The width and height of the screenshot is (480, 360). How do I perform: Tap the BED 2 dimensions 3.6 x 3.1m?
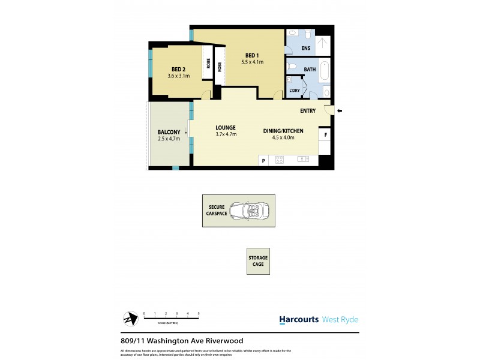178,76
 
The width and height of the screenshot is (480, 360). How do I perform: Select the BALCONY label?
169,132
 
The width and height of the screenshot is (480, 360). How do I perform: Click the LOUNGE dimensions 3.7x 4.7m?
226,134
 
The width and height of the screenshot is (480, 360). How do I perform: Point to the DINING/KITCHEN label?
283,131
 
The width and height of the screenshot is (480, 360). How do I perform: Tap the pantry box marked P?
263,160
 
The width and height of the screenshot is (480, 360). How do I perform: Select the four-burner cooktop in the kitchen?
279,160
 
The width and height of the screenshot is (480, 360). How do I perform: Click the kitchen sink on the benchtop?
303,160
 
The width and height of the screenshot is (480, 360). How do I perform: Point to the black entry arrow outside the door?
339,110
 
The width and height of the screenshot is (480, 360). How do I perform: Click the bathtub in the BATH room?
325,72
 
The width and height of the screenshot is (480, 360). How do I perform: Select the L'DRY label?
294,91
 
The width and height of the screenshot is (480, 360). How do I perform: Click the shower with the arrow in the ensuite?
323,43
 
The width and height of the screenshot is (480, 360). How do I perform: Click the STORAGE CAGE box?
258,261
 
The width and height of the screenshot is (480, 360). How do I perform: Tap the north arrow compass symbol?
129,319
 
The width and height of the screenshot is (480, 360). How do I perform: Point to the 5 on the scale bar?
199,313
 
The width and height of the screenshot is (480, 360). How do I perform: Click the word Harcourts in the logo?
299,320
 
